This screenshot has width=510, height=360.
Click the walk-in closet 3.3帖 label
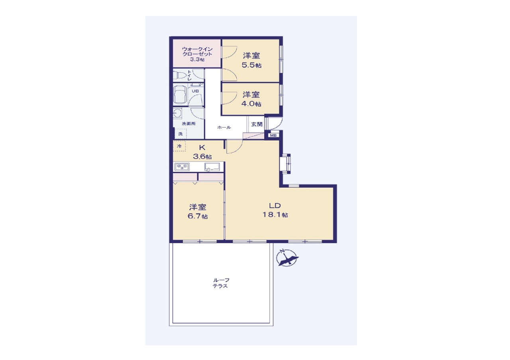pos(197,54)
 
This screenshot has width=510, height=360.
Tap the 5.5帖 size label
pos(251,65)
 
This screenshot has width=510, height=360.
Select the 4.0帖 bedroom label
pos(251,99)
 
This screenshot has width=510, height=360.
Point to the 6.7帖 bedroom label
pos(198,212)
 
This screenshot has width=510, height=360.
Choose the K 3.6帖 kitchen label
pos(202,152)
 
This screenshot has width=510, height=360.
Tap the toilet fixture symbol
pos(180,75)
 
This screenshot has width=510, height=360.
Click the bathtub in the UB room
pos(180,94)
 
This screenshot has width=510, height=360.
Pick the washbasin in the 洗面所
pos(177,113)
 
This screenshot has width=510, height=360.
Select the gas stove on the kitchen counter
pos(182,167)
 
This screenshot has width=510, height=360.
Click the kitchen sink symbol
pos(212,167)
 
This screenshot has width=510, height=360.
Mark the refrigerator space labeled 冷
pos(179,146)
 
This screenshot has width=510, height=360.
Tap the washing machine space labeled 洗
pos(180,134)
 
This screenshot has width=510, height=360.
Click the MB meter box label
pos(273,135)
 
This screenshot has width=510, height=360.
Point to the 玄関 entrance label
pos(257,124)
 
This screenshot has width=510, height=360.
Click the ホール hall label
pos(224,127)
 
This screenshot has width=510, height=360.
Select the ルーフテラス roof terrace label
pos(221,283)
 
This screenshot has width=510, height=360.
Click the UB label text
pos(195,91)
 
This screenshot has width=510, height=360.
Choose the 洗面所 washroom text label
pos(188,124)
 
